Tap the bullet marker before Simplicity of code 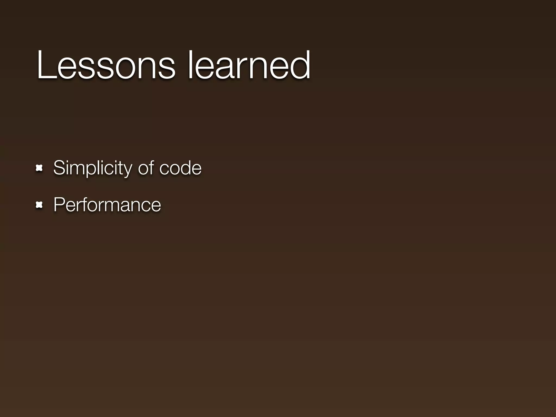point(39,168)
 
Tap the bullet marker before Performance point(39,205)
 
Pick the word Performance point(107,205)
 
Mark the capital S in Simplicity point(59,168)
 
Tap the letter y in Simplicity point(127,170)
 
